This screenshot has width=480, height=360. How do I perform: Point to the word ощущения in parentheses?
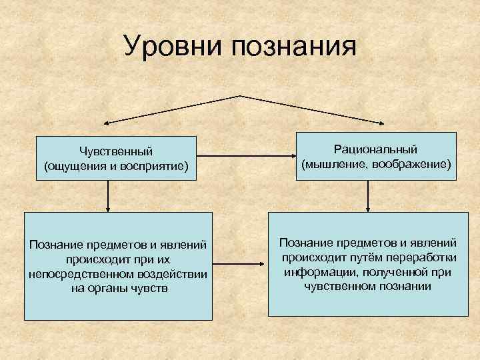(73, 165)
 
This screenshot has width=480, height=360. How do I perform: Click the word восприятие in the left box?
(155, 165)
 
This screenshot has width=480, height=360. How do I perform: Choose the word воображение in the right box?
(415, 163)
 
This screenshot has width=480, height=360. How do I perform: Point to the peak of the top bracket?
(238, 96)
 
